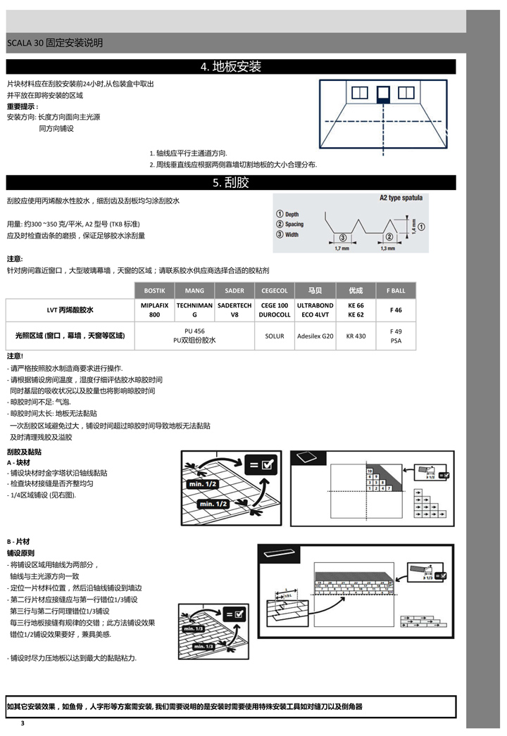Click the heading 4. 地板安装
231,67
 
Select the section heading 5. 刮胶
231,183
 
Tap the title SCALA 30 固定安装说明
54,43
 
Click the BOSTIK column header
154,290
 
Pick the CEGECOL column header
275,290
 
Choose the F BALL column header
396,290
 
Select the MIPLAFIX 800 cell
154,310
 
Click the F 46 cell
396,310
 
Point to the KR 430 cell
356,336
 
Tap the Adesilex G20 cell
315,336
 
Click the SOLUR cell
275,336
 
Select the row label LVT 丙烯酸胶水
70,310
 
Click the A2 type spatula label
401,198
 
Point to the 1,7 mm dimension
342,248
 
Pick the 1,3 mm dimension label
388,248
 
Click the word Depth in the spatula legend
292,214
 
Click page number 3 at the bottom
22,723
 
